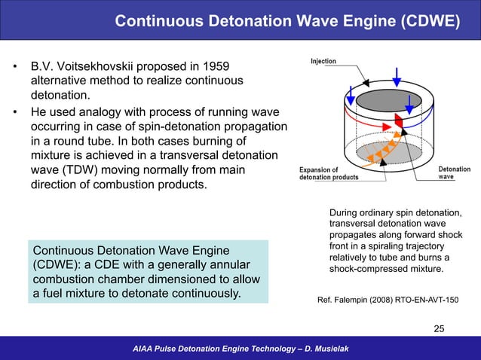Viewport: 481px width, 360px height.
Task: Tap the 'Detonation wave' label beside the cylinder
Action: (455, 173)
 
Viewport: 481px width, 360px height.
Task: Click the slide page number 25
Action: (440, 328)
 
